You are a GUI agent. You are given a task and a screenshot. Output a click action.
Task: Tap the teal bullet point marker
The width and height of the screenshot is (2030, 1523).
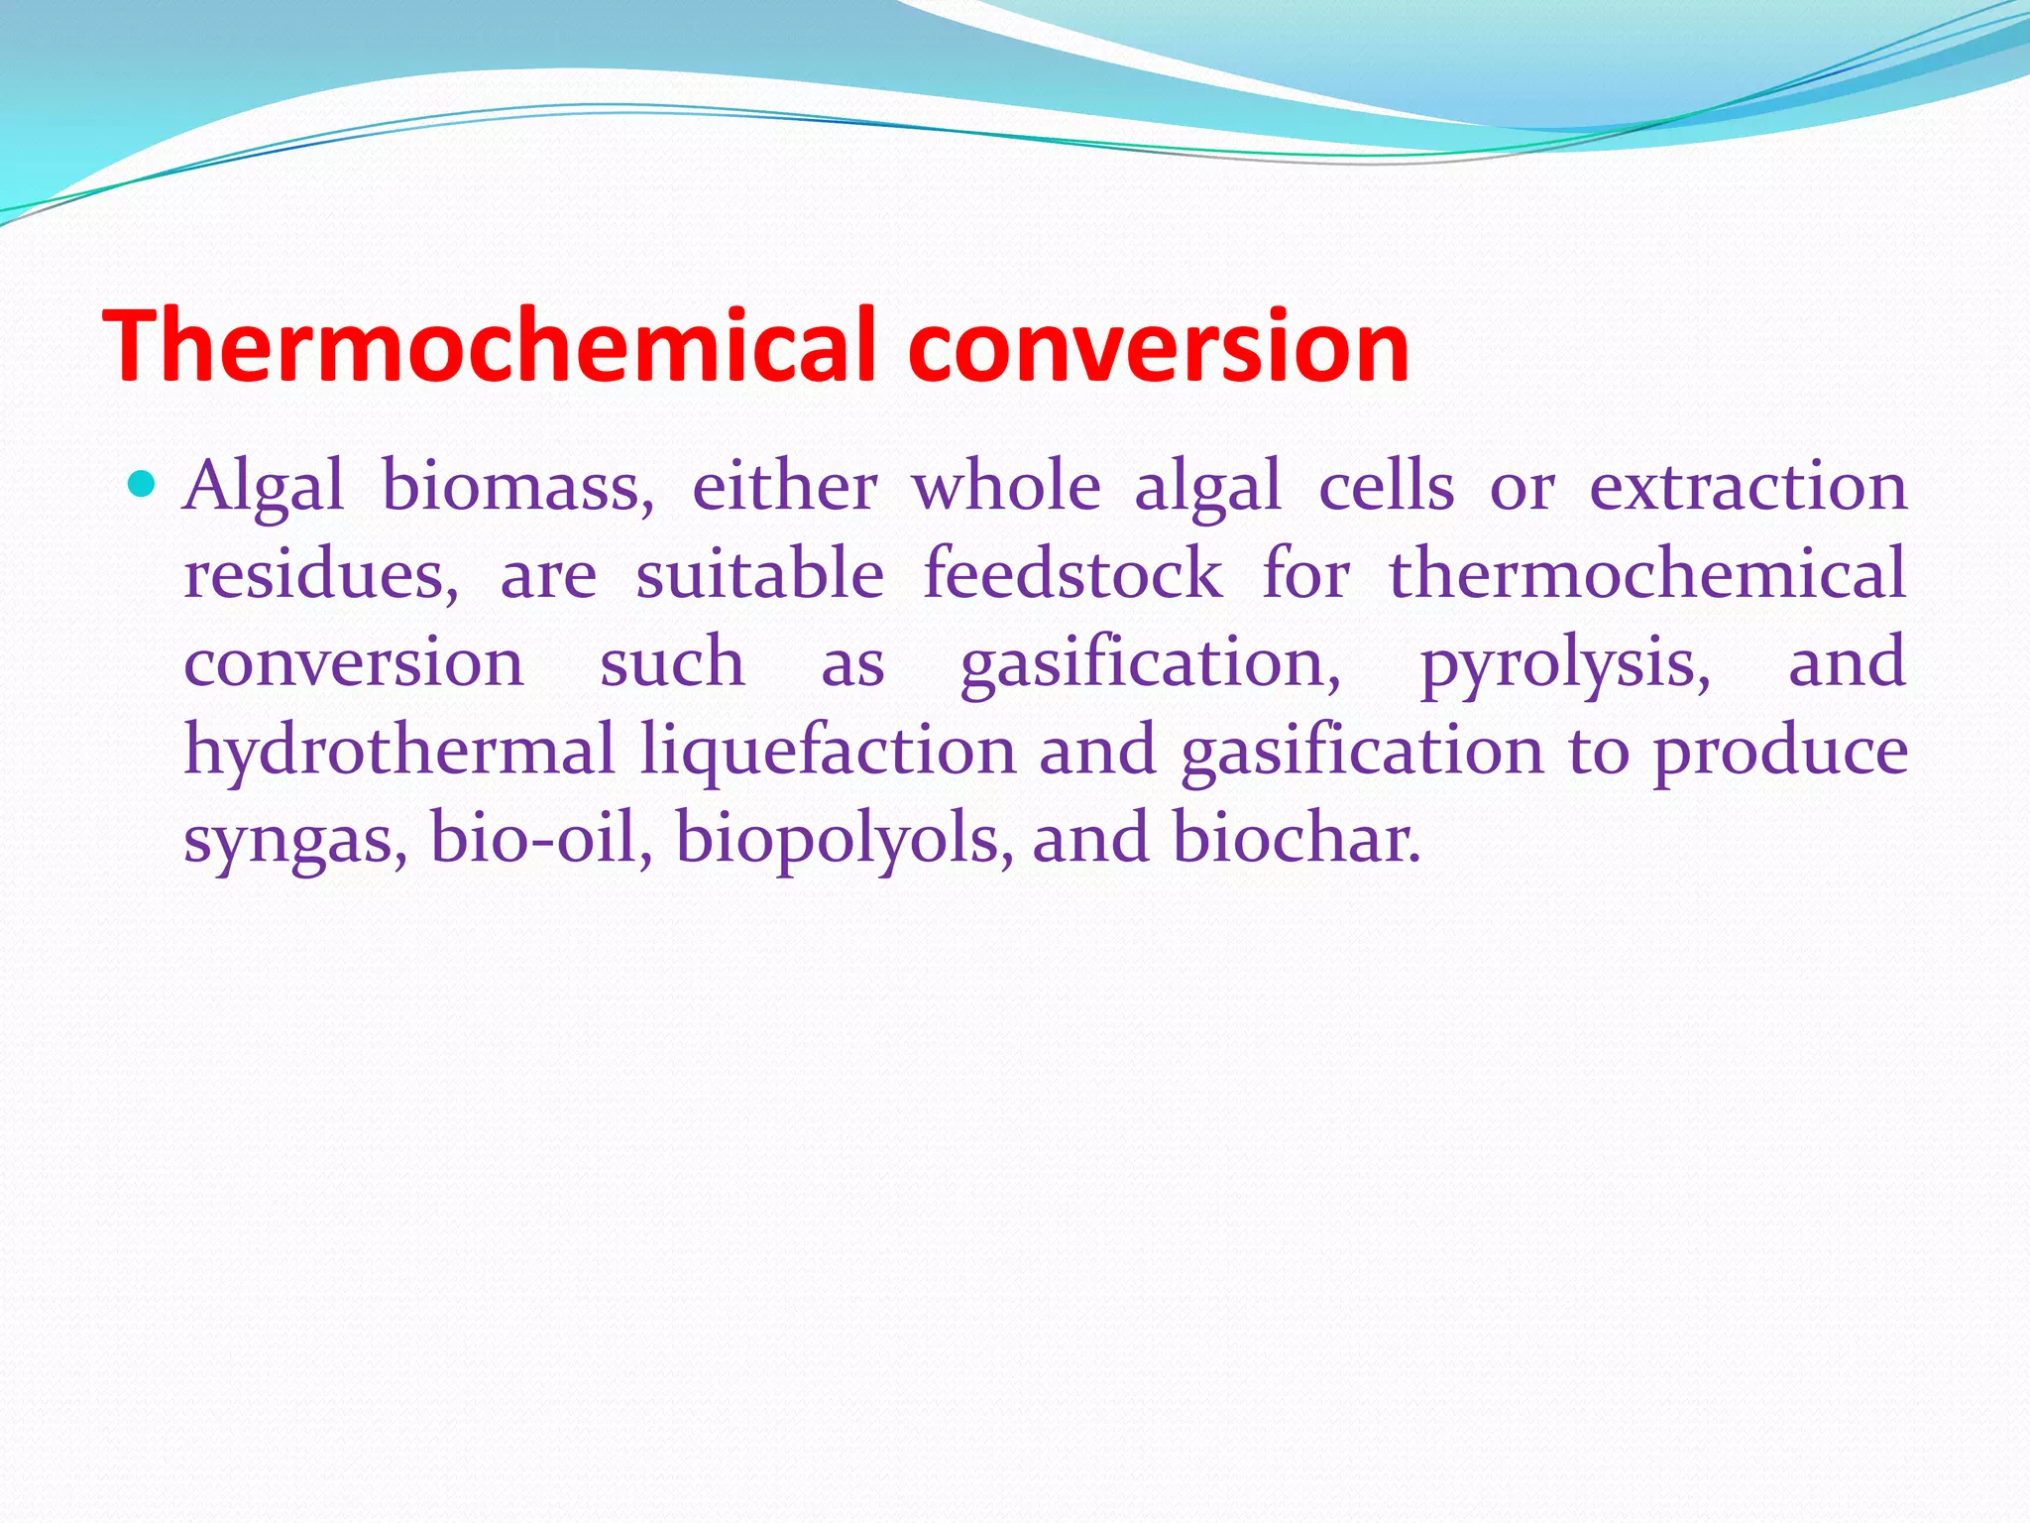pyautogui.click(x=143, y=485)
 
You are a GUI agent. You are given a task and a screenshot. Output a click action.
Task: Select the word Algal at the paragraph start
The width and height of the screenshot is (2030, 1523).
pyautogui.click(x=264, y=488)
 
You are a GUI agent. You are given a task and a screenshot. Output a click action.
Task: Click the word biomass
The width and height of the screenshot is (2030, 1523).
pyautogui.click(x=517, y=488)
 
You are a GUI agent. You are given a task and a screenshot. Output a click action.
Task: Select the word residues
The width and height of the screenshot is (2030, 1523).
pyautogui.click(x=321, y=575)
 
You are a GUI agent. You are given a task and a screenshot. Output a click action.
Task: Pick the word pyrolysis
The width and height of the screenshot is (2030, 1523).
pyautogui.click(x=1565, y=662)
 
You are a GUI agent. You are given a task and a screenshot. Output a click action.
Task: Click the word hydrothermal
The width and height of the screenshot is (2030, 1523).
pyautogui.click(x=399, y=750)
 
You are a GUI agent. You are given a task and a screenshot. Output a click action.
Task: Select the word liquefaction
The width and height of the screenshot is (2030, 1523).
pyautogui.click(x=828, y=750)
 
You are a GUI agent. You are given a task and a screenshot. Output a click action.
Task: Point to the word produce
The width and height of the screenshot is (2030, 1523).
pyautogui.click(x=1779, y=752)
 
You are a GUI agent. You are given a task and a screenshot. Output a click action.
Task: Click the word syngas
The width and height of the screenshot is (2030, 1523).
pyautogui.click(x=295, y=839)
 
